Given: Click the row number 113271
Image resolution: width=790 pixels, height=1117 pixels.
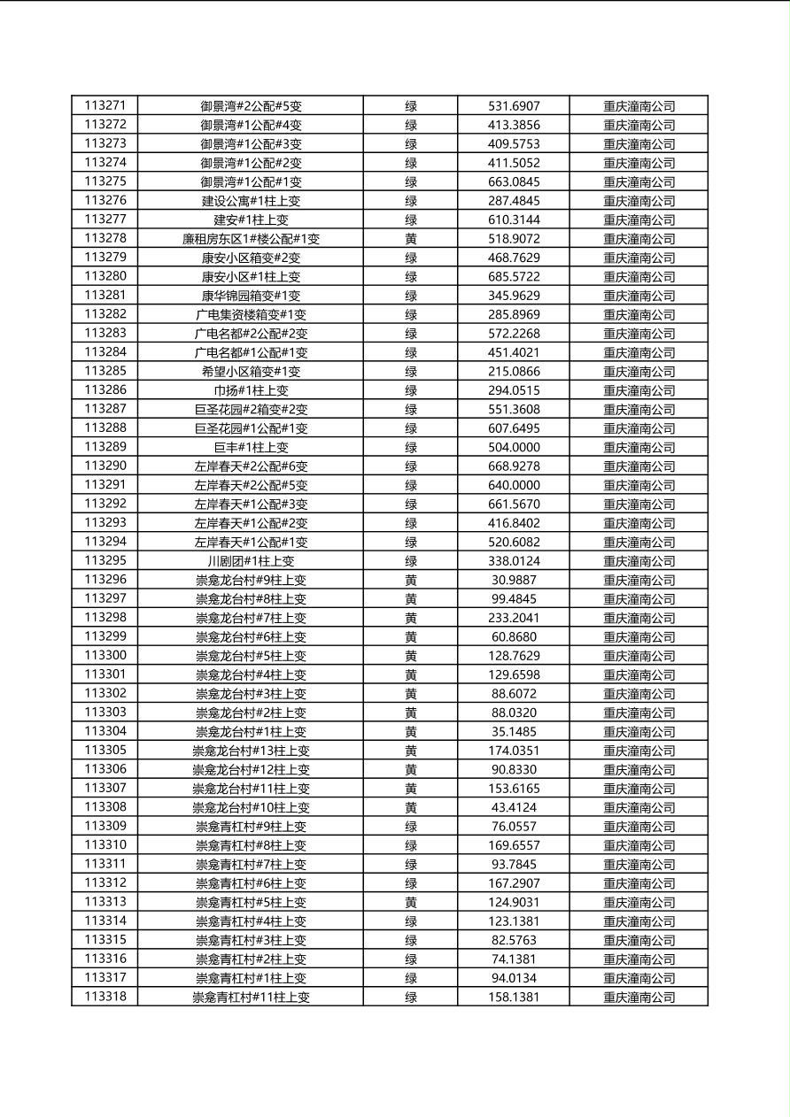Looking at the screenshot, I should (105, 106).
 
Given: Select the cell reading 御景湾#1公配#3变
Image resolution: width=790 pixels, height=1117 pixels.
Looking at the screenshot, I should (251, 144).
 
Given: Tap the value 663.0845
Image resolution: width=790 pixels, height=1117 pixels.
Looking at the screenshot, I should (514, 182).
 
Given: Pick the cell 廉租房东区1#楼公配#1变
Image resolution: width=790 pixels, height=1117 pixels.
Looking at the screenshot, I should (251, 239).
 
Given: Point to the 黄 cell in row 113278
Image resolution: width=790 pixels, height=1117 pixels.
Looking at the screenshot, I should (411, 239).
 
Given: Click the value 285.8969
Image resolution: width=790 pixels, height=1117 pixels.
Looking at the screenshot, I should (514, 314).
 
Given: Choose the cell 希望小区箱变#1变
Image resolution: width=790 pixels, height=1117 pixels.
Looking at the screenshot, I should (251, 372).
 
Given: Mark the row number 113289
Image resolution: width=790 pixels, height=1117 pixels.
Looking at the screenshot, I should (105, 447).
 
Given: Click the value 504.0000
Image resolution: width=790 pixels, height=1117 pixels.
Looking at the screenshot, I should (514, 447).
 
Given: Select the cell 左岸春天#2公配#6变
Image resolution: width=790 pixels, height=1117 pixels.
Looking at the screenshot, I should (251, 466).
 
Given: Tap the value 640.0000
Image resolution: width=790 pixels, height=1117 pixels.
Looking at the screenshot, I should (514, 485).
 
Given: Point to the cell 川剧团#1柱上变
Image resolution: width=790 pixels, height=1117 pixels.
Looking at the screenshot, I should (251, 561).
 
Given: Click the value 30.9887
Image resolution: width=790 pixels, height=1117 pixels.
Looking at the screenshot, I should (514, 580).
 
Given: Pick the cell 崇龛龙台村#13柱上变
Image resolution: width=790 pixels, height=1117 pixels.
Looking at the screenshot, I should (251, 751).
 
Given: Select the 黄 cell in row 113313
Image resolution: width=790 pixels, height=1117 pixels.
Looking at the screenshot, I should (411, 902).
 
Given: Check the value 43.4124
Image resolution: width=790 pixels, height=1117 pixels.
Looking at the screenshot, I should (514, 807).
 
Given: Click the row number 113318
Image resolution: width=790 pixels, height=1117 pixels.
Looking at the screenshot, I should (105, 997).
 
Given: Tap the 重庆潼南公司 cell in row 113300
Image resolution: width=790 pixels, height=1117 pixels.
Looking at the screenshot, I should (639, 656).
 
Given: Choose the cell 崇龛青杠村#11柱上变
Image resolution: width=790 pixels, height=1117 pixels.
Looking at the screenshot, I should (251, 998).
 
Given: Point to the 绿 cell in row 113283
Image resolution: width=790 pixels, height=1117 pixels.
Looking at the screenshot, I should (411, 334).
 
